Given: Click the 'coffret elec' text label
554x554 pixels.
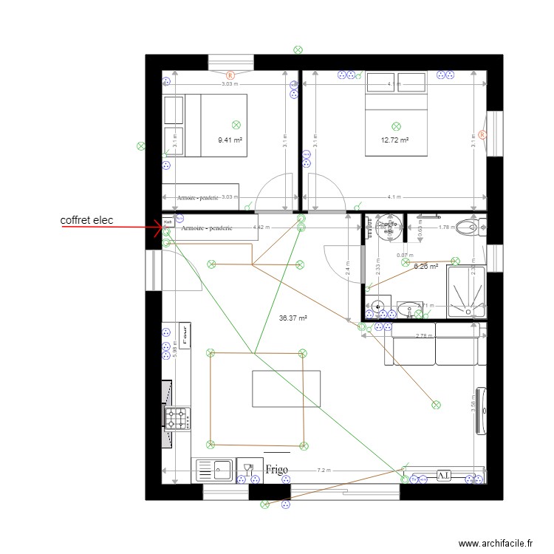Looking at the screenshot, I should pyautogui.click(x=87, y=220).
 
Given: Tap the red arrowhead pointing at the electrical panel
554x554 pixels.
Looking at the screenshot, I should pyautogui.click(x=158, y=228).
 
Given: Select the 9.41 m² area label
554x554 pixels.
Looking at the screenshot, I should pyautogui.click(x=230, y=140).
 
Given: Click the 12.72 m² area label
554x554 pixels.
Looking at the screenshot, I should pyautogui.click(x=394, y=140).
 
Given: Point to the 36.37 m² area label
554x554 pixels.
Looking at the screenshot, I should pyautogui.click(x=293, y=318).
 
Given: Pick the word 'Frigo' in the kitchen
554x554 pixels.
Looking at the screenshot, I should pyautogui.click(x=276, y=469).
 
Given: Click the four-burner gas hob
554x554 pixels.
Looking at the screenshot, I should pyautogui.click(x=177, y=419).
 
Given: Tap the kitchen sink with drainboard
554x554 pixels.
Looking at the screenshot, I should pyautogui.click(x=213, y=471).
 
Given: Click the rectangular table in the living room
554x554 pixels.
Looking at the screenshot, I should pyautogui.click(x=287, y=389).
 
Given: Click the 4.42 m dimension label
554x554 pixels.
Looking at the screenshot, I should pyautogui.click(x=261, y=228).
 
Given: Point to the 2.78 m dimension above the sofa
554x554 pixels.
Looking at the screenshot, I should pyautogui.click(x=423, y=336).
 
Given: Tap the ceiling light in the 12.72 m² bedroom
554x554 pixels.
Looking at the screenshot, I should pyautogui.click(x=397, y=126).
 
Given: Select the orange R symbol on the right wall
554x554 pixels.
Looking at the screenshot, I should pyautogui.click(x=482, y=135).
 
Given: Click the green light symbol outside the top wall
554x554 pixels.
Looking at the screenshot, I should pyautogui.click(x=298, y=49).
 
